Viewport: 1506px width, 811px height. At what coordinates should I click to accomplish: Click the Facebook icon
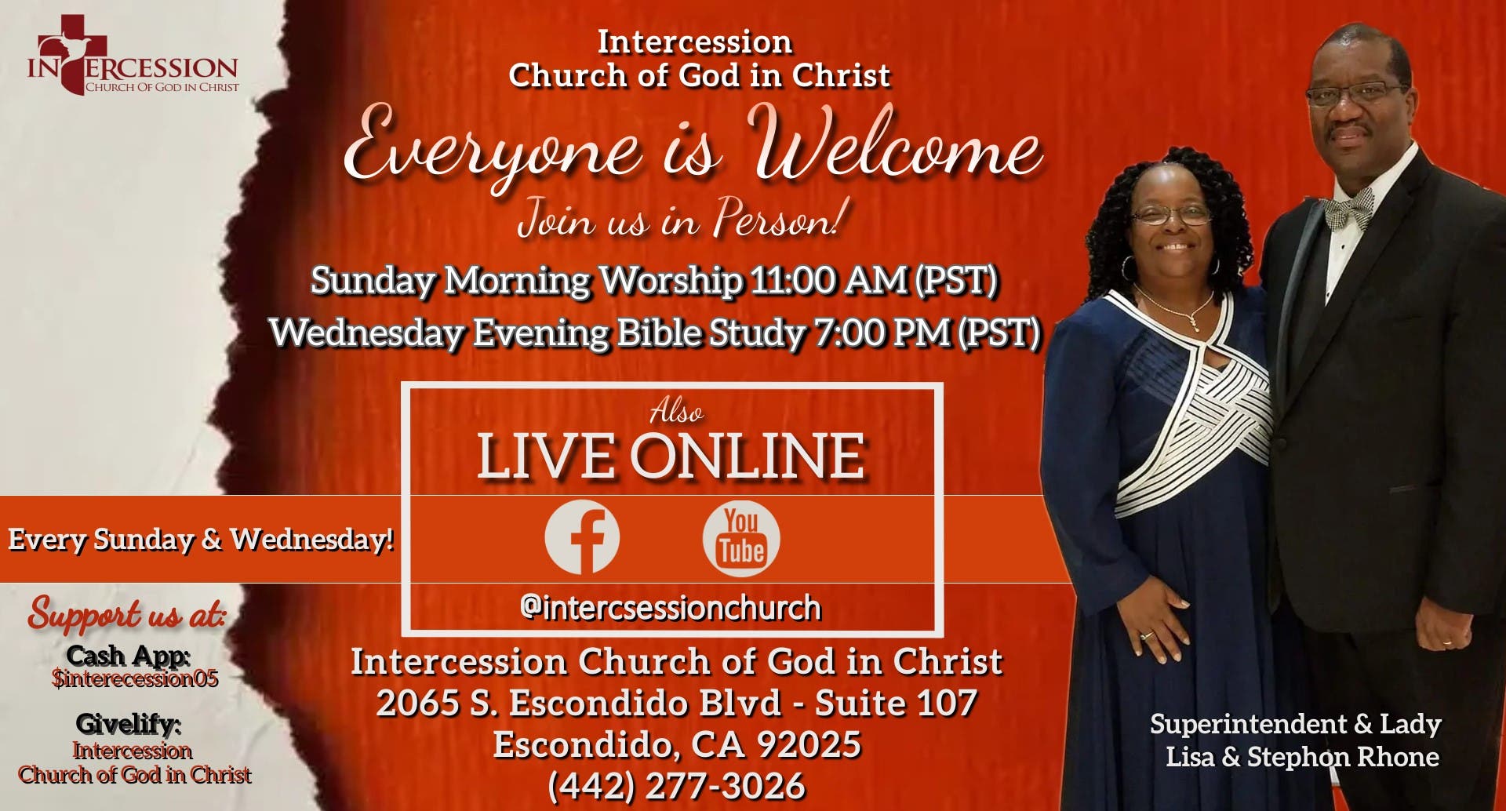point(582,537)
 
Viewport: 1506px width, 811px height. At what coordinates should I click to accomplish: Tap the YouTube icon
point(741,539)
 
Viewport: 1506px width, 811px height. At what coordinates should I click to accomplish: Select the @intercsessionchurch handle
point(671,608)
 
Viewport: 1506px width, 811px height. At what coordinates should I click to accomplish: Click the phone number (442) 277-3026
point(676,786)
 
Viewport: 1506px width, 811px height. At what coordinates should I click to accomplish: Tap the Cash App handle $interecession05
point(135,678)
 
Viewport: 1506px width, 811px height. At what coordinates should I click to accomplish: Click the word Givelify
point(128,723)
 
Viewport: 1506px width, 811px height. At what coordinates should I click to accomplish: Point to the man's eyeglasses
point(1355,94)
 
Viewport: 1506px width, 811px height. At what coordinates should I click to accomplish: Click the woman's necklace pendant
point(1193,322)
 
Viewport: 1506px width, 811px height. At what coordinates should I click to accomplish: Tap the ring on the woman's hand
point(1147,635)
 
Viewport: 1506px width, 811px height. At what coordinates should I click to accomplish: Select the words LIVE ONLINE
point(671,456)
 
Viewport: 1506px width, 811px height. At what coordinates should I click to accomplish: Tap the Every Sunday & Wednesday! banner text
point(201,540)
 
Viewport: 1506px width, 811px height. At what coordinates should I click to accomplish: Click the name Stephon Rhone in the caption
point(1343,757)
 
